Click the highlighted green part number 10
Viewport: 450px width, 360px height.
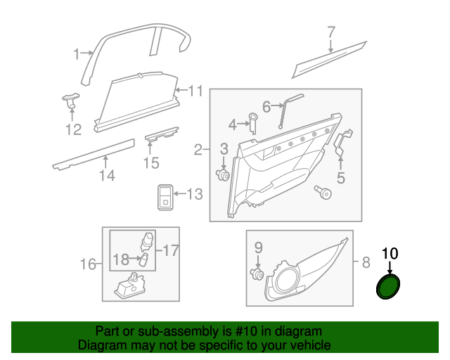pos(388,286)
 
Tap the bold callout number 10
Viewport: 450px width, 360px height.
pos(390,254)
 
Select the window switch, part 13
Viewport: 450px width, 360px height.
pos(165,197)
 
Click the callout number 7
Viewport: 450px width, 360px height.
pos(331,32)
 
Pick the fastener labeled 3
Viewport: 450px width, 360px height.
pos(223,174)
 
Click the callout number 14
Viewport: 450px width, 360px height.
pos(107,175)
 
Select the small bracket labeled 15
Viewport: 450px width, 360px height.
pos(162,134)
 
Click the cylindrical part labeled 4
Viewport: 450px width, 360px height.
pos(253,123)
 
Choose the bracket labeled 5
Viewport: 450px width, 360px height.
pos(342,143)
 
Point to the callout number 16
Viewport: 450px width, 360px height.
pos(88,264)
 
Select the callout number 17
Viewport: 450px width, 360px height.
pos(171,250)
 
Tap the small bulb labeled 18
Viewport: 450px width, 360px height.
pos(144,259)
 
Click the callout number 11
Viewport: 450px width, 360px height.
pos(195,91)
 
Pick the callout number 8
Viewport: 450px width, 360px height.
pos(366,262)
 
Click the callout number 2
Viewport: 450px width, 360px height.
pos(198,150)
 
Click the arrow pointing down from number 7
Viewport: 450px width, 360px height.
pos(331,46)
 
